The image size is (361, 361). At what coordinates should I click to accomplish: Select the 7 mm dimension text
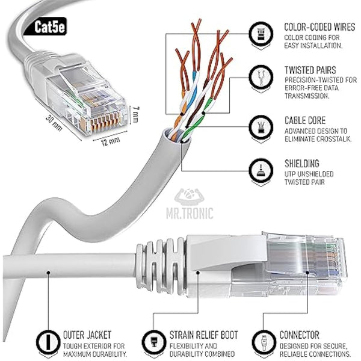[137, 113]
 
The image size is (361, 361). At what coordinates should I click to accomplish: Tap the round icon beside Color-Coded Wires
[260, 34]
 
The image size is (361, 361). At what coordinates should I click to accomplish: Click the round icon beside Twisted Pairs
[260, 77]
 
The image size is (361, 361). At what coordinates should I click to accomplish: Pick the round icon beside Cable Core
[260, 127]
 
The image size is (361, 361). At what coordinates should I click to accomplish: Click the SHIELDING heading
[301, 163]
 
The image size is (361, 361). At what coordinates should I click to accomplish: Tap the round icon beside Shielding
[260, 170]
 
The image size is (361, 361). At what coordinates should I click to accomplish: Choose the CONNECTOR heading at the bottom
[299, 335]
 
